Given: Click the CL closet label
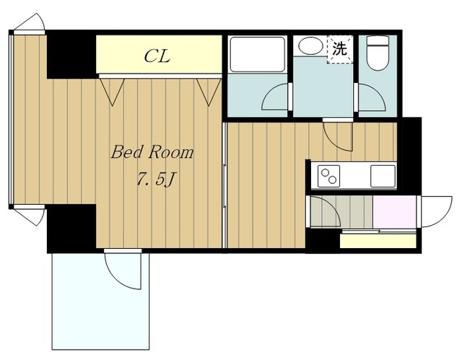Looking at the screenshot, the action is tap(157, 56).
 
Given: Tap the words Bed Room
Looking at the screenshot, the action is tap(152, 152).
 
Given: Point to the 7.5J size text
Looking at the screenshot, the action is tap(154, 179).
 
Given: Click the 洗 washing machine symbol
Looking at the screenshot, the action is tap(340, 49).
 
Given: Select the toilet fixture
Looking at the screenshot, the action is tap(378, 53).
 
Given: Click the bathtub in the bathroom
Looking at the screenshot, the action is tap(257, 54).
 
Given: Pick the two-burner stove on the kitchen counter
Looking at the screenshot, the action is tap(329, 176).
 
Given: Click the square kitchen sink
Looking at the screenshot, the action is tap(383, 176).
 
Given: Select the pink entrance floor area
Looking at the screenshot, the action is tap(395, 211).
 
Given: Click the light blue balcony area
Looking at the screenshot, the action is tap(100, 302).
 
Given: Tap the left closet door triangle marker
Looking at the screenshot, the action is tap(112, 92).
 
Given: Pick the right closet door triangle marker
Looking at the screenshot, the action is tap(209, 92).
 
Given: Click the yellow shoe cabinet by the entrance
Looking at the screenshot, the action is tap(378, 241).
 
